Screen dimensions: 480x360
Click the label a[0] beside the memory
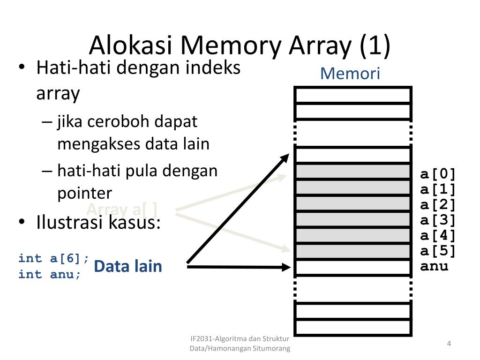tap(438, 174)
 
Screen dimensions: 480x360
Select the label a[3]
tap(438, 220)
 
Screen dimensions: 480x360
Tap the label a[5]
tap(438, 251)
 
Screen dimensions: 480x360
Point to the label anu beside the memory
tap(434, 267)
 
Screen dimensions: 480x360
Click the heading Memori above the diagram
tap(350, 74)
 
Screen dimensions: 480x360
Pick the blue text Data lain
tap(127, 266)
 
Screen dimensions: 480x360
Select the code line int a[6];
tap(53, 258)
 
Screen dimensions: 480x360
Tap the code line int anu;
tap(50, 274)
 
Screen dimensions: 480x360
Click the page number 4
tap(449, 344)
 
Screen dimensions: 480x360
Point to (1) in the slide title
tap(375, 46)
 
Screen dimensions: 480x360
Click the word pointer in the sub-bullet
tap(84, 193)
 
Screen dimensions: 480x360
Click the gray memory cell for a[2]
tap(353, 204)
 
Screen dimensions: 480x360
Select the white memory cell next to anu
tap(353, 268)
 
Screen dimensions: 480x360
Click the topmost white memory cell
tap(353, 95)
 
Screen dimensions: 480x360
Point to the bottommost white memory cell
tap(353, 327)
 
